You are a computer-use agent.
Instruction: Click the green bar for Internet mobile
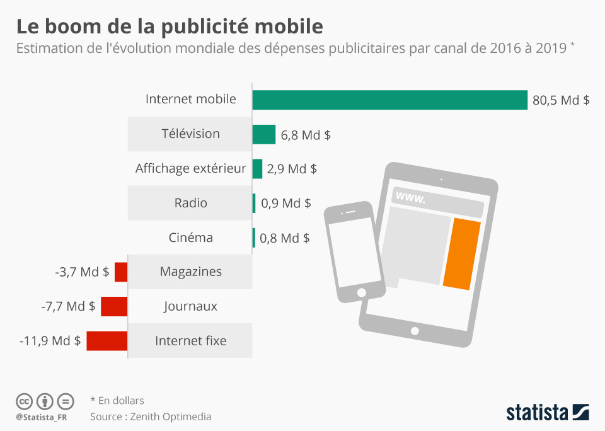coord(389,100)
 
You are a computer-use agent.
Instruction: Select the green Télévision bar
coord(264,134)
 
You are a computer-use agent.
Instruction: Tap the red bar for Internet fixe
coord(107,341)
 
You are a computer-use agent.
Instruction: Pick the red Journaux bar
coord(114,306)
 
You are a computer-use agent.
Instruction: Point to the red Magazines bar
coord(121,272)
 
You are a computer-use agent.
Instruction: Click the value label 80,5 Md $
coord(561,100)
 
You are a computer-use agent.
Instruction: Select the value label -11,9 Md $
coord(50,341)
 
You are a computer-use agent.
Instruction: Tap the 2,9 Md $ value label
coord(292,169)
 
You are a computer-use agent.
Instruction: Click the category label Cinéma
coord(190,238)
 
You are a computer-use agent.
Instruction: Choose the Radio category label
coord(190,203)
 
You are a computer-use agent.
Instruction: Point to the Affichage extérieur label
coord(190,168)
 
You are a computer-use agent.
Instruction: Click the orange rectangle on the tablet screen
coord(462,254)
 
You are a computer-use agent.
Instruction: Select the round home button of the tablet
coord(414,330)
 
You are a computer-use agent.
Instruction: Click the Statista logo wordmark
coord(538,413)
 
